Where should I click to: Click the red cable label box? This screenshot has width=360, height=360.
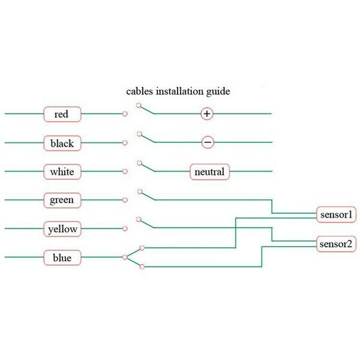click(x=62, y=114)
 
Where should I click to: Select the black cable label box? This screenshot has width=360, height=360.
click(x=62, y=143)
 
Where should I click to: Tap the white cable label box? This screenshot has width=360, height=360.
click(x=62, y=172)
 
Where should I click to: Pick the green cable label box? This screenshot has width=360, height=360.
click(x=62, y=200)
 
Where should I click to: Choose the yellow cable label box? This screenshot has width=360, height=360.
click(x=62, y=229)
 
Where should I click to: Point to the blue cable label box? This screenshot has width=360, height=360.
click(x=62, y=257)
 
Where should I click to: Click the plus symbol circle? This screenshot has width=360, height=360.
click(x=207, y=113)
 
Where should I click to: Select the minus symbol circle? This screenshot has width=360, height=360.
click(x=208, y=142)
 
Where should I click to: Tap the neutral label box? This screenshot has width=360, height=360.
click(x=209, y=172)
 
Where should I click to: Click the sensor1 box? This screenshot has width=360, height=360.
click(x=336, y=215)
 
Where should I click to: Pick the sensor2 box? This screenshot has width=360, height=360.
click(x=336, y=244)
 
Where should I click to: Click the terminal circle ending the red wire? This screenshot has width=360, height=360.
click(x=125, y=113)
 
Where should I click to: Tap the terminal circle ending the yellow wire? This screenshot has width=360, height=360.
click(x=125, y=229)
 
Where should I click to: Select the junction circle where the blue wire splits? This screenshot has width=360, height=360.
click(x=125, y=257)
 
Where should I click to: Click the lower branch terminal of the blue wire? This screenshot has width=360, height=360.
click(x=142, y=266)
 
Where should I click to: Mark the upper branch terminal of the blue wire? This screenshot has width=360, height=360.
click(x=142, y=248)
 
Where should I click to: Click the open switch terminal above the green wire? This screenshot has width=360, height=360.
click(x=140, y=191)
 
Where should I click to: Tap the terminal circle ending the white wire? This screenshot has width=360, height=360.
click(x=125, y=171)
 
